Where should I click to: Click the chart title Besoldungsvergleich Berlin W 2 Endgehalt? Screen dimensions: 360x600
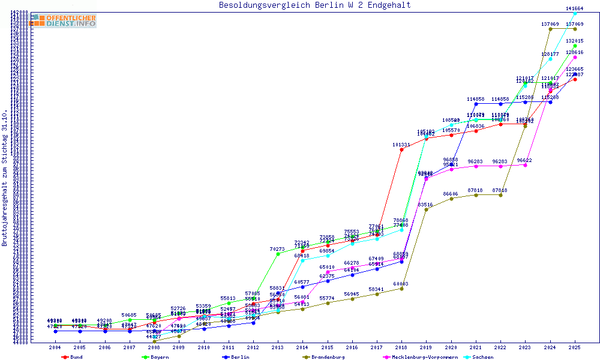[x=315, y=5]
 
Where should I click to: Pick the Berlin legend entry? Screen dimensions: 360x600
[x=240, y=357]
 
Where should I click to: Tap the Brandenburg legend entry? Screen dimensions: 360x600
[x=327, y=357]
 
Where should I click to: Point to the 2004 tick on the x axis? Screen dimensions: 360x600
[x=55, y=347]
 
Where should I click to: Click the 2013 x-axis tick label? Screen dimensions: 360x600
[x=277, y=347]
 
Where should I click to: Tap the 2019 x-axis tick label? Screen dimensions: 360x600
[x=426, y=347]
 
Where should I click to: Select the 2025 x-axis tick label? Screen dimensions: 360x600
[x=575, y=347]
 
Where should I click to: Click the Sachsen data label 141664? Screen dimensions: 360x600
[x=575, y=8]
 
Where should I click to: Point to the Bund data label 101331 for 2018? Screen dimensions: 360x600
[x=401, y=145]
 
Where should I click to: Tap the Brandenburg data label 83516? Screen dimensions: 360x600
[x=425, y=205]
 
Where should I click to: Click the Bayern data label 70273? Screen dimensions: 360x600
[x=277, y=249]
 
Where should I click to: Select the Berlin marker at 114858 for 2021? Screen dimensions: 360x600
[x=476, y=104]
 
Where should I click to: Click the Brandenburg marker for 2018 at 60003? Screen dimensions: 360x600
[x=401, y=289]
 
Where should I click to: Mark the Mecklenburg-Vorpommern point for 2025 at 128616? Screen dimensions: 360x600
[x=575, y=58]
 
